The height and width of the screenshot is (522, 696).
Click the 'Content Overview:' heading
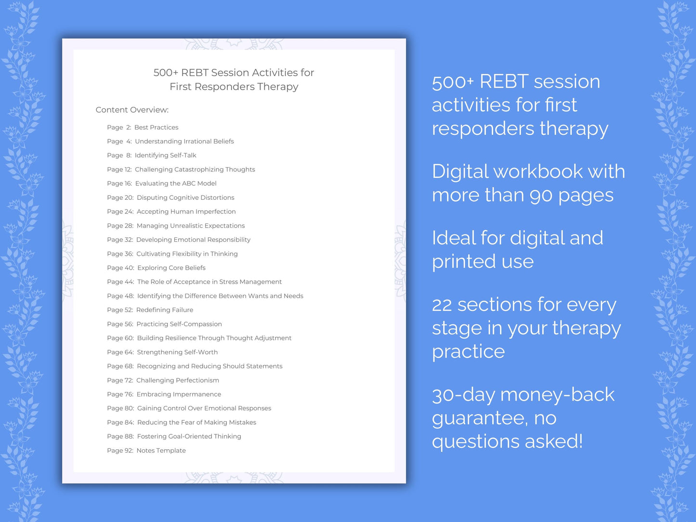pos(132,110)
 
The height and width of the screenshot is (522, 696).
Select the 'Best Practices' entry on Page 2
pos(156,128)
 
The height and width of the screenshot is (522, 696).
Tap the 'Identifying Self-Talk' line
pos(165,156)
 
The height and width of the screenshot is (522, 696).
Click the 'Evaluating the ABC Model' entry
pos(176,183)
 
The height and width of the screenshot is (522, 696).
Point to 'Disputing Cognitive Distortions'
pos(185,197)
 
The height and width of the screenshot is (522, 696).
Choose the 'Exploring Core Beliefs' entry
pos(171,268)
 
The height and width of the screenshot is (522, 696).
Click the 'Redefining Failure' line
pos(165,310)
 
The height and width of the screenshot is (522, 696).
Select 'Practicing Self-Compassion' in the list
pos(179,324)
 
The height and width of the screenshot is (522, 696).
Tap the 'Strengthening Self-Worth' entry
pos(177,352)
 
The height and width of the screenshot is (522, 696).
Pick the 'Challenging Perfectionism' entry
pos(178,380)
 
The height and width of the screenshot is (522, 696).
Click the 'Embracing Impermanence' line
pos(179,394)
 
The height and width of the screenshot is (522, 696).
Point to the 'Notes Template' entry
pos(161,451)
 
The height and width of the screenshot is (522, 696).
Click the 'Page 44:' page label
pos(120,282)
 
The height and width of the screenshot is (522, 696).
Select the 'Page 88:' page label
pos(120,437)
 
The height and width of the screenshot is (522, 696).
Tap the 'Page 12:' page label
pos(119,170)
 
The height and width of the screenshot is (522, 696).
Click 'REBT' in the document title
pos(195,73)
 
